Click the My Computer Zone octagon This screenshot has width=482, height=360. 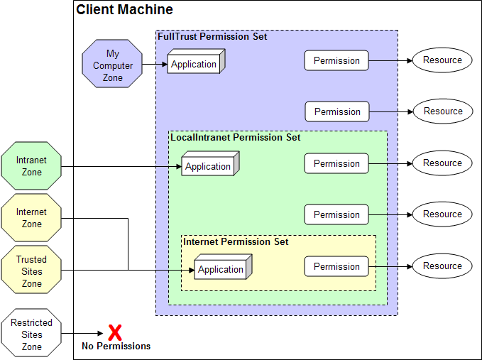coord(113,65)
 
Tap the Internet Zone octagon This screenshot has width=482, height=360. coord(31,218)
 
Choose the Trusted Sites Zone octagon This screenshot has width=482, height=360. coord(31,271)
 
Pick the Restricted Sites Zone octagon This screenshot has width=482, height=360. coord(31,334)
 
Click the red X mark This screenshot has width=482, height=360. coord(114,332)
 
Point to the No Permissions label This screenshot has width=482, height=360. coord(116,347)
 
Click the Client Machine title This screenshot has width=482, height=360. coord(124,10)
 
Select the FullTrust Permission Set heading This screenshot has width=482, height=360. coord(212,36)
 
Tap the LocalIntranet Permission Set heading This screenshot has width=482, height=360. coord(236,137)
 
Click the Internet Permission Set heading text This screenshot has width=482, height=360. coord(236,241)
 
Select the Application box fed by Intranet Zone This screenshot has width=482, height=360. coord(209,165)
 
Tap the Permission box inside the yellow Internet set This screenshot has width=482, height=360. coord(336,266)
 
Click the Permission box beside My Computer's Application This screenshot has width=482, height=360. coord(336,60)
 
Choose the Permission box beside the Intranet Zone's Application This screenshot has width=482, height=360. coord(336,163)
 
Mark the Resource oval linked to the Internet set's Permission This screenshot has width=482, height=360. coord(442,266)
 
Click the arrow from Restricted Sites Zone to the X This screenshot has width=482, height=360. coord(84,334)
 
